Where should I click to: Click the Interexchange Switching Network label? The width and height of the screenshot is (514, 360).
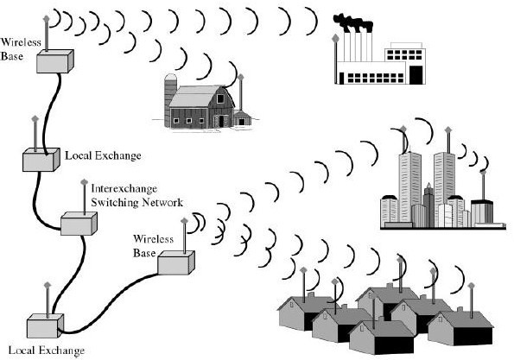[136, 195]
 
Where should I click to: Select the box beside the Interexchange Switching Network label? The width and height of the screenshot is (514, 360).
[78, 222]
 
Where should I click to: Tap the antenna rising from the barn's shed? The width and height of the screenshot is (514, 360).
[240, 91]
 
